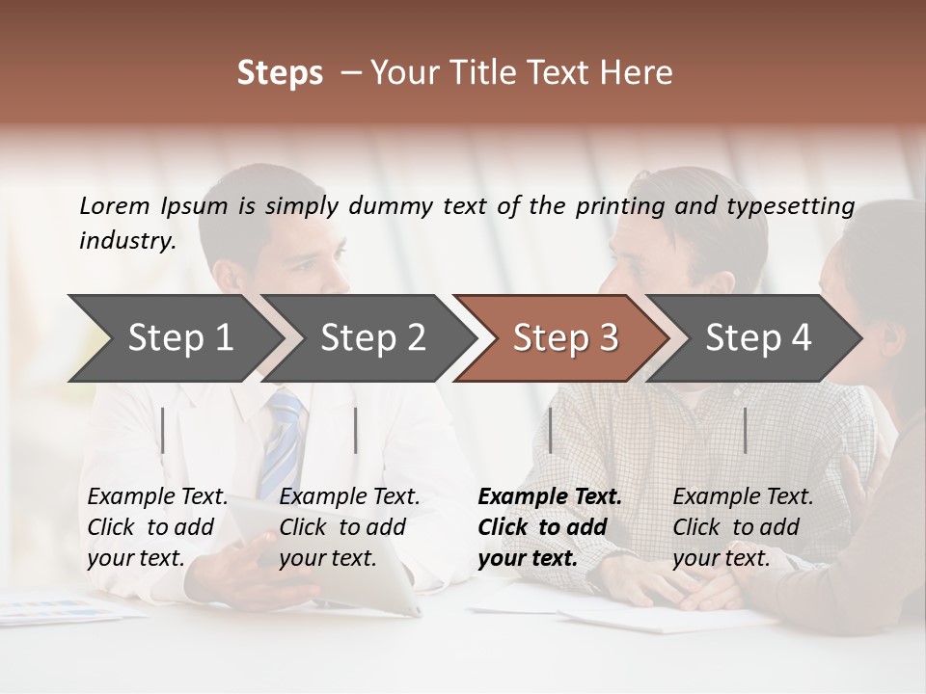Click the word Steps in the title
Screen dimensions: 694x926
click(280, 73)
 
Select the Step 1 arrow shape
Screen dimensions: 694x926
click(179, 337)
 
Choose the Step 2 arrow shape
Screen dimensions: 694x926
click(372, 337)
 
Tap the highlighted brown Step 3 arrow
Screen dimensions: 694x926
click(565, 337)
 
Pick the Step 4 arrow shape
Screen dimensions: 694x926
click(758, 337)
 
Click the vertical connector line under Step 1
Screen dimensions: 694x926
click(163, 430)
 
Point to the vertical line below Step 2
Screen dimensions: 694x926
click(356, 430)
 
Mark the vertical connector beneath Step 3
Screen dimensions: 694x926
click(550, 430)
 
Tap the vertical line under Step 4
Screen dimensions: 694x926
click(745, 430)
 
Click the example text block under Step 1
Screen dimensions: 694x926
click(157, 527)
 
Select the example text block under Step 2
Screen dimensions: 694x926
click(349, 527)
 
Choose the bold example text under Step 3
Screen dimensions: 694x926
click(550, 527)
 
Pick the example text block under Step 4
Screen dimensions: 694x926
click(743, 527)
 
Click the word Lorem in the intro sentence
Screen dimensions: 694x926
click(115, 205)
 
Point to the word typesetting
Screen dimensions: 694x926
click(790, 206)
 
